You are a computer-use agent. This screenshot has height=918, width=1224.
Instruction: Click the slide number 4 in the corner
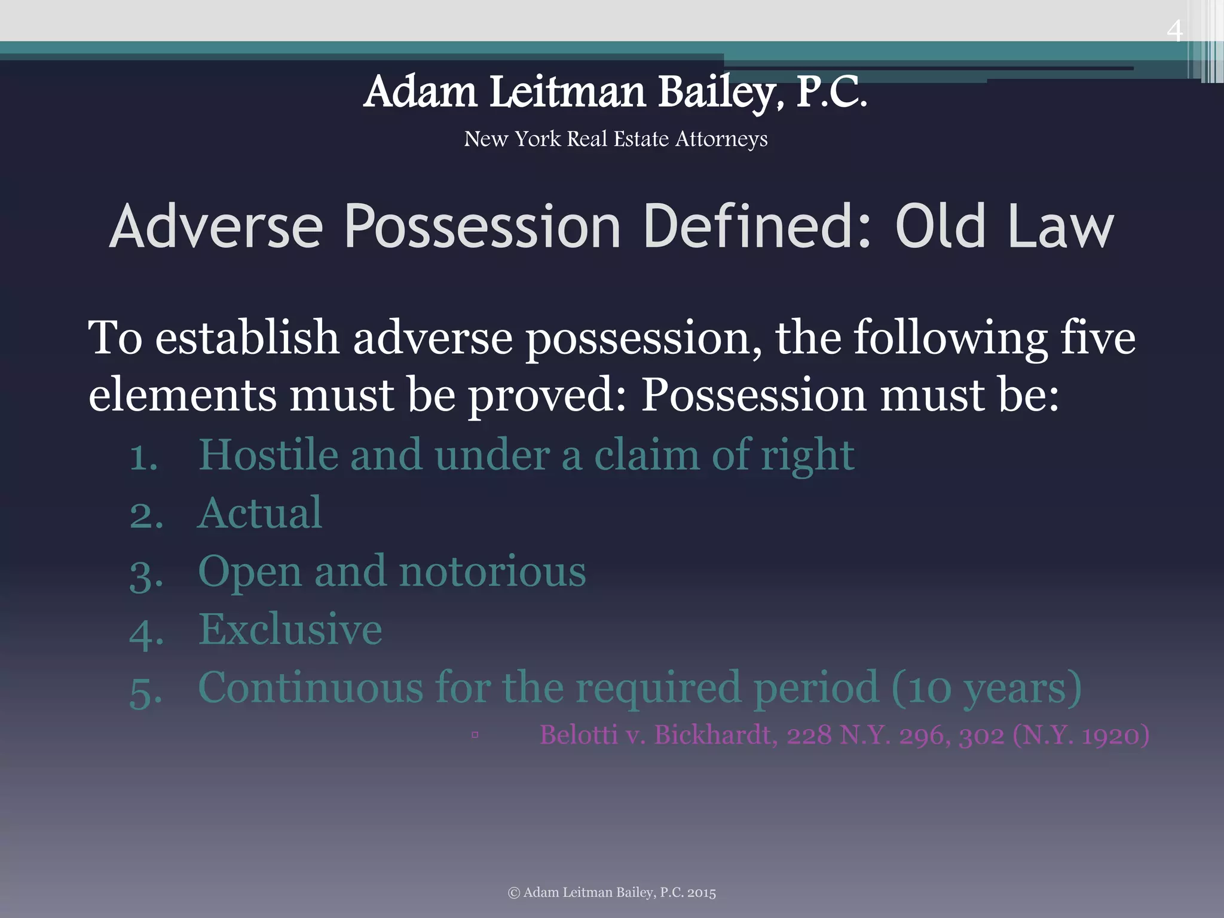[x=1174, y=30]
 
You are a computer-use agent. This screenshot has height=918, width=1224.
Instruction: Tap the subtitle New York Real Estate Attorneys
[x=616, y=139]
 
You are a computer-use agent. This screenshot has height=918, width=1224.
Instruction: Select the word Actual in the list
[x=260, y=513]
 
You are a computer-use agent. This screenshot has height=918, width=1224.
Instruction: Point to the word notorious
[x=492, y=571]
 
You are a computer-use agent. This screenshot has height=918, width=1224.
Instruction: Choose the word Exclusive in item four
[x=290, y=629]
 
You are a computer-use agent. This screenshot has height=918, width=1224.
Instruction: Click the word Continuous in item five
[x=310, y=687]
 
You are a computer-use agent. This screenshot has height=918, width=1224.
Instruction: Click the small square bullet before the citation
[x=475, y=735]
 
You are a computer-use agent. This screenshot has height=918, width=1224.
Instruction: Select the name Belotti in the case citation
[x=578, y=735]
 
